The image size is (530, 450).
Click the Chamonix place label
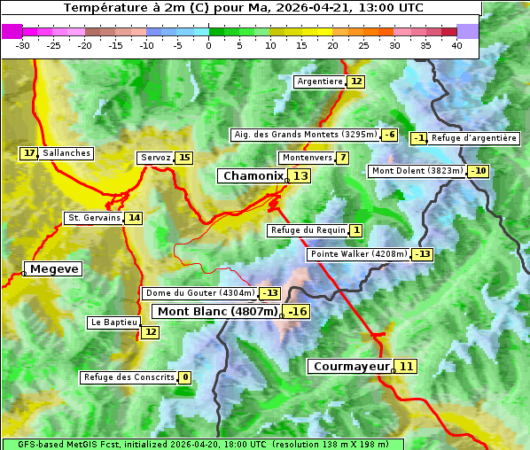(x=253, y=176)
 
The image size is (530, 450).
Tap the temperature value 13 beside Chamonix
(x=301, y=176)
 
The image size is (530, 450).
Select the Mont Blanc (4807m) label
(x=217, y=311)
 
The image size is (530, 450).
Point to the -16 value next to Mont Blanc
(x=297, y=311)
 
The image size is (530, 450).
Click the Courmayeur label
(x=352, y=366)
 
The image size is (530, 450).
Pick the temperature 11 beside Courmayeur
(x=406, y=366)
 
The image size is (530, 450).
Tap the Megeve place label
(x=54, y=268)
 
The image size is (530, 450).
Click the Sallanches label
(x=66, y=153)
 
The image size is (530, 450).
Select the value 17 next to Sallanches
(x=30, y=153)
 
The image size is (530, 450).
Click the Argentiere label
(x=320, y=81)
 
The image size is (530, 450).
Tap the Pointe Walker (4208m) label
(x=358, y=254)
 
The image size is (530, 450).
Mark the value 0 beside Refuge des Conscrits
(x=185, y=377)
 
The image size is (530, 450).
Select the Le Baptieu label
(x=114, y=322)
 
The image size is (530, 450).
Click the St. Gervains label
(x=94, y=218)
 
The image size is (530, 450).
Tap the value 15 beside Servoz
(x=184, y=158)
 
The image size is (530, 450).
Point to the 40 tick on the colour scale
(x=456, y=45)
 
